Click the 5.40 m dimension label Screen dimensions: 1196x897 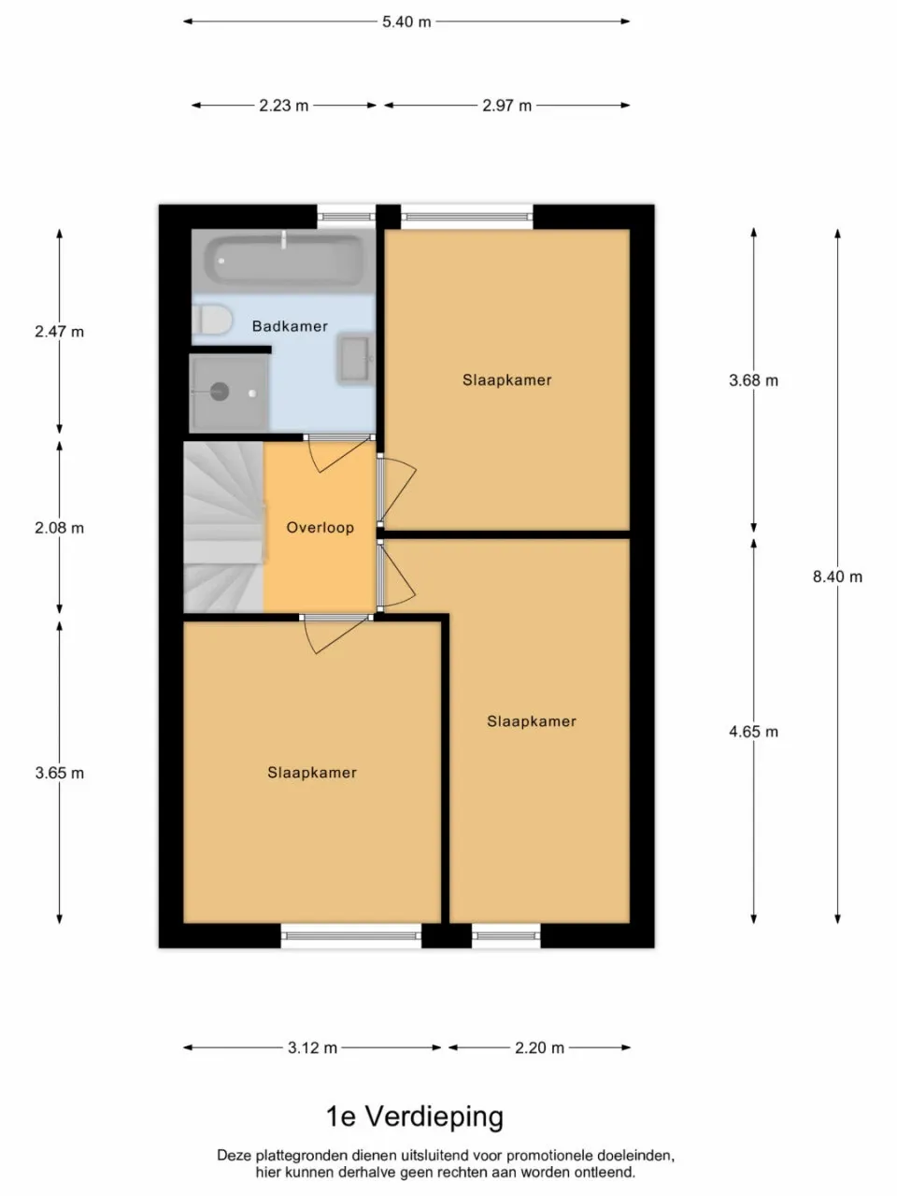[406, 21]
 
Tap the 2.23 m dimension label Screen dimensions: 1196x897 [284, 106]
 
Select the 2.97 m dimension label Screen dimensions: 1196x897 [506, 106]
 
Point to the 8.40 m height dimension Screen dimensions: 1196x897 [837, 577]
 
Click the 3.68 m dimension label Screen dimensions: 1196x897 [753, 380]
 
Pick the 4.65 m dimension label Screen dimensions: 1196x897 [753, 732]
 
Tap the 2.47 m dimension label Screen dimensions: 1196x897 [59, 332]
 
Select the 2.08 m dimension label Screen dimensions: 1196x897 [59, 528]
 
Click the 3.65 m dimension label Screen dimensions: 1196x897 [59, 773]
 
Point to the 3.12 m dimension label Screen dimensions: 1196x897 [312, 1047]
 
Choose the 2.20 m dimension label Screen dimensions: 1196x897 [539, 1047]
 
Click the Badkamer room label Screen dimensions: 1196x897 [290, 326]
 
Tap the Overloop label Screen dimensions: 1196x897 [320, 527]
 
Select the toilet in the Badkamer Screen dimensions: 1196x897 [212, 320]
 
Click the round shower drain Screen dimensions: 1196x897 [220, 392]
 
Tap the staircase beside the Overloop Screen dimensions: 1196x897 [222, 528]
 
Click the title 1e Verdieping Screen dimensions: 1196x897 [414, 1117]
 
